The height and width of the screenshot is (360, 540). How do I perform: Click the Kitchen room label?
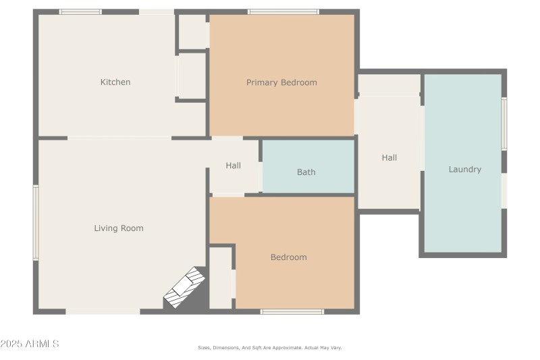click(115, 82)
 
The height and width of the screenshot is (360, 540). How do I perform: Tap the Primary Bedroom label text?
click(281, 82)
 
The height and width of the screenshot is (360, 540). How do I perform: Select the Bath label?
click(306, 172)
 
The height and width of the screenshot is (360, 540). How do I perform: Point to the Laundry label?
click(465, 169)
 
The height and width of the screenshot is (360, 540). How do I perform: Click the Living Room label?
click(119, 228)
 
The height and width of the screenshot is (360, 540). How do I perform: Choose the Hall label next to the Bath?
click(234, 165)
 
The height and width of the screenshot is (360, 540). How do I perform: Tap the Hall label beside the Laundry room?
click(389, 158)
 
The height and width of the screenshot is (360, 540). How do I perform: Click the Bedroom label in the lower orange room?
click(289, 257)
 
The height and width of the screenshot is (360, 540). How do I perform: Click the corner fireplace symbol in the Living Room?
click(185, 287)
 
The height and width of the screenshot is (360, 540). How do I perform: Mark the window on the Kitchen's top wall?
click(80, 11)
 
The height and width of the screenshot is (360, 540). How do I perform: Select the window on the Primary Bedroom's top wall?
click(283, 11)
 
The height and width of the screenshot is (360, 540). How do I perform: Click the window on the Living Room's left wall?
click(36, 223)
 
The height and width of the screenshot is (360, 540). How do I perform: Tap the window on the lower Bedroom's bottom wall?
click(292, 311)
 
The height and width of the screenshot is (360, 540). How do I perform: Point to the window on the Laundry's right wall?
click(504, 124)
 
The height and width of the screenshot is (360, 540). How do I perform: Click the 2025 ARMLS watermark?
click(30, 344)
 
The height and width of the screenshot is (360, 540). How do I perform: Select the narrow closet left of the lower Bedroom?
click(221, 278)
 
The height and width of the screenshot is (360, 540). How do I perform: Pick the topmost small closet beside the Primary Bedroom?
click(192, 31)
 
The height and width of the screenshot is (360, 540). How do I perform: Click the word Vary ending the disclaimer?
click(335, 348)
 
